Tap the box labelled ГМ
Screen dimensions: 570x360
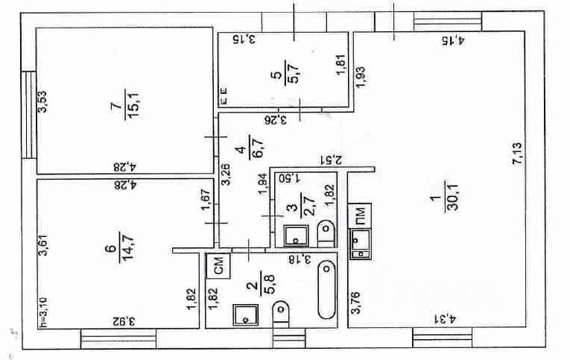point(360,215)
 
